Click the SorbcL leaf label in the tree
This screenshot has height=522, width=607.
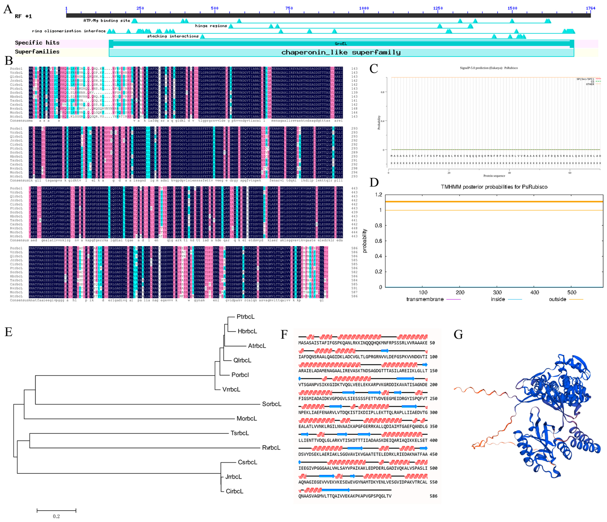[x=271, y=404]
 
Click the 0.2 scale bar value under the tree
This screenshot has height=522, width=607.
[x=56, y=516]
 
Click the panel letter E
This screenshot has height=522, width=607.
[x=9, y=332]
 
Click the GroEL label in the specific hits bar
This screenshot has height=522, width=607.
[x=341, y=44]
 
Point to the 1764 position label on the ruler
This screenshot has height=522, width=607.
[x=590, y=8]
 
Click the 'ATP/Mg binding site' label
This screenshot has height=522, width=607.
[x=107, y=21]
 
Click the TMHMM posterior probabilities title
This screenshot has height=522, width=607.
[x=494, y=187]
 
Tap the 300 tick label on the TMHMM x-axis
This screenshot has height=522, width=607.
[x=497, y=292]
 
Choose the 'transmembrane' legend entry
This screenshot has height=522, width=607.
[x=425, y=299]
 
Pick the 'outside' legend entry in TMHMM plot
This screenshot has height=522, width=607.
[x=557, y=299]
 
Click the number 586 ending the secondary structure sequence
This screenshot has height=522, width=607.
[x=433, y=496]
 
